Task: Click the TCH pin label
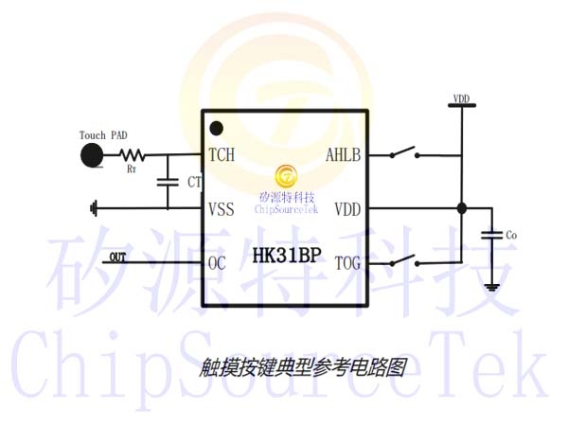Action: coord(222,154)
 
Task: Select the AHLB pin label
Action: coord(343,155)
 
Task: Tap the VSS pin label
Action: coord(222,209)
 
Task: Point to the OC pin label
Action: coord(217,263)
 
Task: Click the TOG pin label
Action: coord(347,263)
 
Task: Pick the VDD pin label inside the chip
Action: coord(347,209)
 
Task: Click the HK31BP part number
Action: coord(287,255)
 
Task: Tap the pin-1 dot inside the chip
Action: coord(216,128)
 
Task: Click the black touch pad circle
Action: coord(92,155)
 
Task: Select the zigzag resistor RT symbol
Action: coord(133,155)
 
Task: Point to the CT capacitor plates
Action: coord(168,182)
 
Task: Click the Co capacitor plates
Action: coord(492,235)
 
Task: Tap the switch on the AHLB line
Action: coord(404,152)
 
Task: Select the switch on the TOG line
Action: coord(404,260)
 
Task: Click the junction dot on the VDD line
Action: coord(462,208)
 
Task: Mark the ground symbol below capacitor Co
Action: coord(492,288)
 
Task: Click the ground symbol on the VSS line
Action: coord(94,208)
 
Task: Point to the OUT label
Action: coord(117,257)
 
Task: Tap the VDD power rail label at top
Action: coord(462,98)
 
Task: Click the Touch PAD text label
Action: coord(103,135)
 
